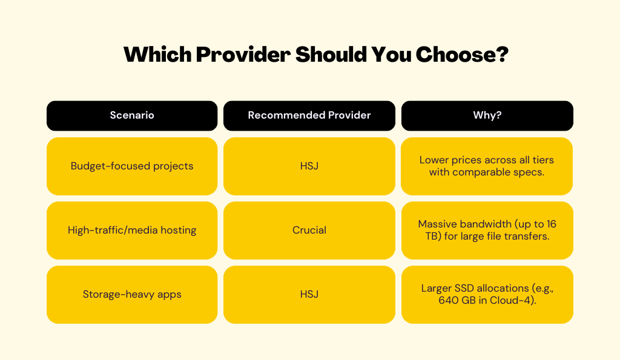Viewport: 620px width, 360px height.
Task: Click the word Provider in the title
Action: (x=243, y=54)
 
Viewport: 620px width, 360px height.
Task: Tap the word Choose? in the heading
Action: (x=462, y=54)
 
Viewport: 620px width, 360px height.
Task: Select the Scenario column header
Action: (x=132, y=116)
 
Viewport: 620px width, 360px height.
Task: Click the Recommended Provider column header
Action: (x=309, y=116)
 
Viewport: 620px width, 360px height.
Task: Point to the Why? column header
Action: (x=487, y=116)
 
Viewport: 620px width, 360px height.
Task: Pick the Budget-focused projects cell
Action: (x=132, y=166)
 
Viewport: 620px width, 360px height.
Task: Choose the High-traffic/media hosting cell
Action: (x=132, y=231)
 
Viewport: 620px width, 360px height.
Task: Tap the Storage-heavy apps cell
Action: (x=132, y=295)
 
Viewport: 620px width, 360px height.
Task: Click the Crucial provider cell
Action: (x=309, y=231)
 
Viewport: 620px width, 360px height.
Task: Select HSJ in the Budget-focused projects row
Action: (x=309, y=166)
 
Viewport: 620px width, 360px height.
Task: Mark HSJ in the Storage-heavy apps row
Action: (x=309, y=295)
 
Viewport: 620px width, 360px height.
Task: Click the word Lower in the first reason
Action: (x=434, y=160)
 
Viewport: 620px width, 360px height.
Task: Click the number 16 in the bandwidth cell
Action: (x=551, y=224)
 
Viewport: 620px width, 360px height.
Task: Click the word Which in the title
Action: (x=158, y=54)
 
